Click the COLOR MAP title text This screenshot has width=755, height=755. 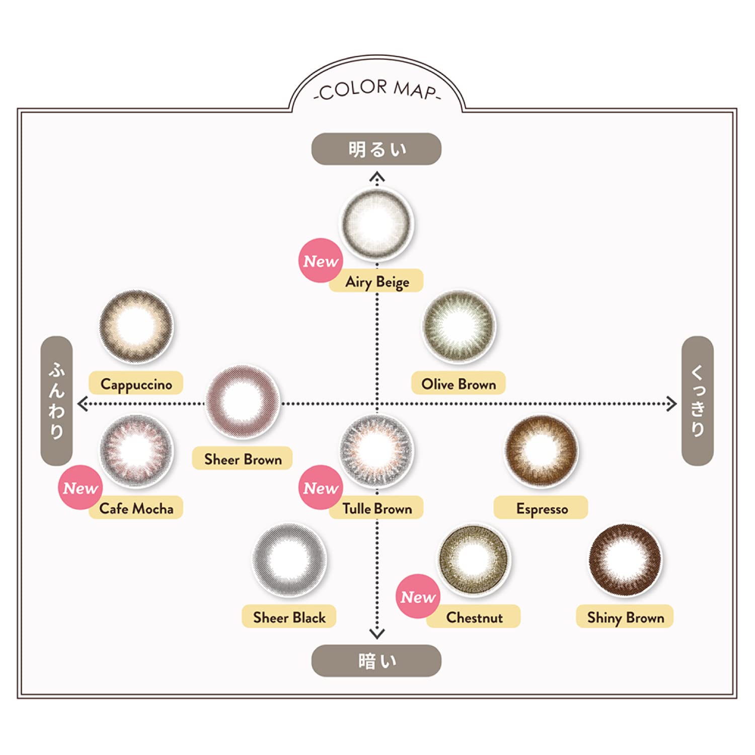(x=376, y=90)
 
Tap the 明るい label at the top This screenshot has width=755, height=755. (x=376, y=149)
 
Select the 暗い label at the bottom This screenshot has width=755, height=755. (x=376, y=661)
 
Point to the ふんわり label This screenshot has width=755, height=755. (x=56, y=401)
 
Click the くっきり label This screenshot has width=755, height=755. (x=697, y=401)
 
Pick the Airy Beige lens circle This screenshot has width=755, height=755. (x=376, y=223)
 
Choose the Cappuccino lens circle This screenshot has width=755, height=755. (x=136, y=326)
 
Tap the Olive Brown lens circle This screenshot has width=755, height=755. (x=459, y=326)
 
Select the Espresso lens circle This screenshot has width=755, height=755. (x=542, y=451)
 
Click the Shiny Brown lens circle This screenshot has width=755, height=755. (x=625, y=559)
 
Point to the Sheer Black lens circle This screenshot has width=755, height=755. (x=289, y=559)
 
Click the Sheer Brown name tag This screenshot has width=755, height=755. (x=242, y=459)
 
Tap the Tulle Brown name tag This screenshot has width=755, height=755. (x=377, y=508)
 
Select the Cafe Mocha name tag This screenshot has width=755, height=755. (x=136, y=508)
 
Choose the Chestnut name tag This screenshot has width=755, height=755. (x=474, y=617)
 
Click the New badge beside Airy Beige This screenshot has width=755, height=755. (x=321, y=261)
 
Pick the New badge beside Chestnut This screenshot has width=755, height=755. (x=418, y=596)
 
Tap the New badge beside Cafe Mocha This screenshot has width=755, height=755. (x=81, y=488)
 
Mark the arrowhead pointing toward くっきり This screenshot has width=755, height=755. (x=671, y=404)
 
